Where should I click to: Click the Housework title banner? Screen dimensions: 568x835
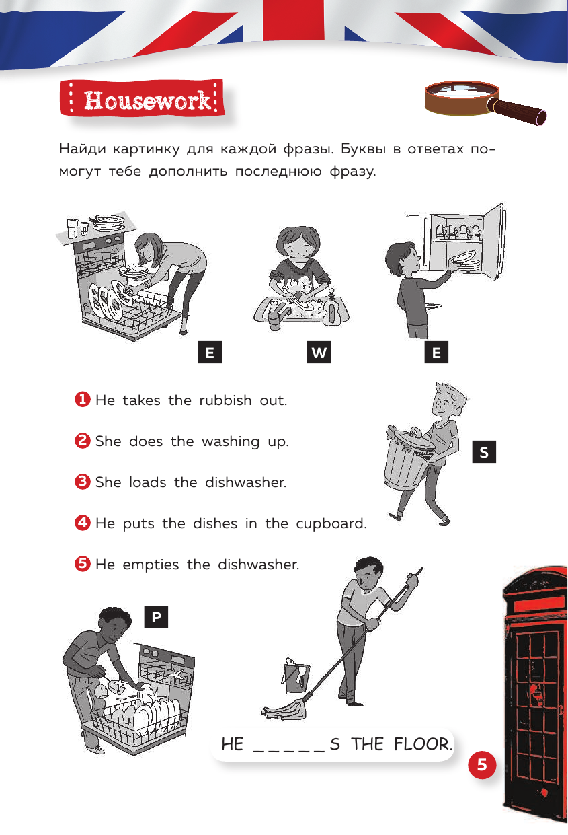[142, 98]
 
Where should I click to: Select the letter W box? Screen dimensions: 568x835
[319, 352]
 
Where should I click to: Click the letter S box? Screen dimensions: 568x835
[484, 451]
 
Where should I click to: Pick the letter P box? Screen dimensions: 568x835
[156, 617]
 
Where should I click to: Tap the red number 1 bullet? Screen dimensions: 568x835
[82, 400]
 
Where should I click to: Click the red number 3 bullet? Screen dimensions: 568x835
[82, 482]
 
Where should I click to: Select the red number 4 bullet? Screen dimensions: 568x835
[82, 523]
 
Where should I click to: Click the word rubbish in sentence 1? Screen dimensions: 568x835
[226, 400]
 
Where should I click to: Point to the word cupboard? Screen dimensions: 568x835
[331, 523]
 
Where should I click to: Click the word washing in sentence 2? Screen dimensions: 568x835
[231, 441]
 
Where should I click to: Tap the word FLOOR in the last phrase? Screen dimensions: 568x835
[422, 744]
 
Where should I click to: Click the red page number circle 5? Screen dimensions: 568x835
[482, 765]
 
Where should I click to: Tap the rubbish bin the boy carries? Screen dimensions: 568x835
[408, 458]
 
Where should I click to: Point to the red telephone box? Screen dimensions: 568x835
[534, 693]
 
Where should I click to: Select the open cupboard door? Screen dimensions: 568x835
[494, 242]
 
